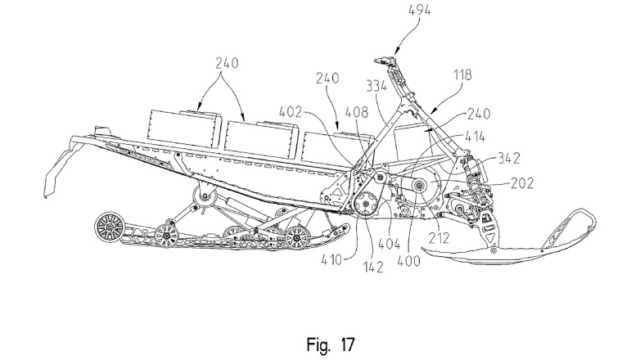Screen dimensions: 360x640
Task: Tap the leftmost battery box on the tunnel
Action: click(x=185, y=125)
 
